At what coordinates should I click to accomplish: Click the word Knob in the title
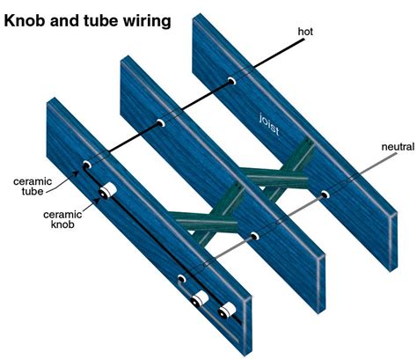[x=24, y=21]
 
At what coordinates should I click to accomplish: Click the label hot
[x=305, y=32]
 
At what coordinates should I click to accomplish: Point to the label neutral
[x=398, y=147]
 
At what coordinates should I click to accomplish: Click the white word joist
[x=269, y=125]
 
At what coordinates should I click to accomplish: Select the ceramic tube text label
[x=33, y=187]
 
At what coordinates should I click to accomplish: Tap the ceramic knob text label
[x=62, y=219]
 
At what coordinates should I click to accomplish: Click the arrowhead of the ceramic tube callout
[x=77, y=173]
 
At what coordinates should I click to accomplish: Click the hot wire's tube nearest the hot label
[x=231, y=80]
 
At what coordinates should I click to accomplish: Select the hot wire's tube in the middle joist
[x=160, y=123]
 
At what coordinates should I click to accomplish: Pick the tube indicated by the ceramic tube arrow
[x=87, y=165]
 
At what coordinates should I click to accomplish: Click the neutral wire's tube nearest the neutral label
[x=325, y=195]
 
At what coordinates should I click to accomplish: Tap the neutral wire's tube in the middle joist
[x=254, y=236]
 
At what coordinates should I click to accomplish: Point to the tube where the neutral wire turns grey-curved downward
[x=181, y=278]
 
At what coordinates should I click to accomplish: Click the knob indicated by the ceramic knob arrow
[x=107, y=191]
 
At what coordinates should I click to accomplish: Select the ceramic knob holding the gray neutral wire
[x=200, y=299]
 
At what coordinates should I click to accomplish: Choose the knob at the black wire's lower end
[x=227, y=311]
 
